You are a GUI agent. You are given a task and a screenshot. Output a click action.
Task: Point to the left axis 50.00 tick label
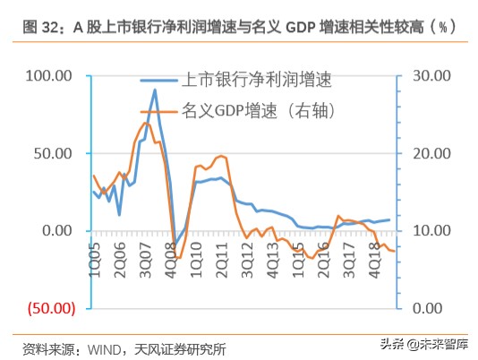coord(52,153)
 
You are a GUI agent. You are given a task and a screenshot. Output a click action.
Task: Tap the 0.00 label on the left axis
coord(56,230)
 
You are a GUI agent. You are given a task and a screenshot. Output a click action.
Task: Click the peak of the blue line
coord(155,90)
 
